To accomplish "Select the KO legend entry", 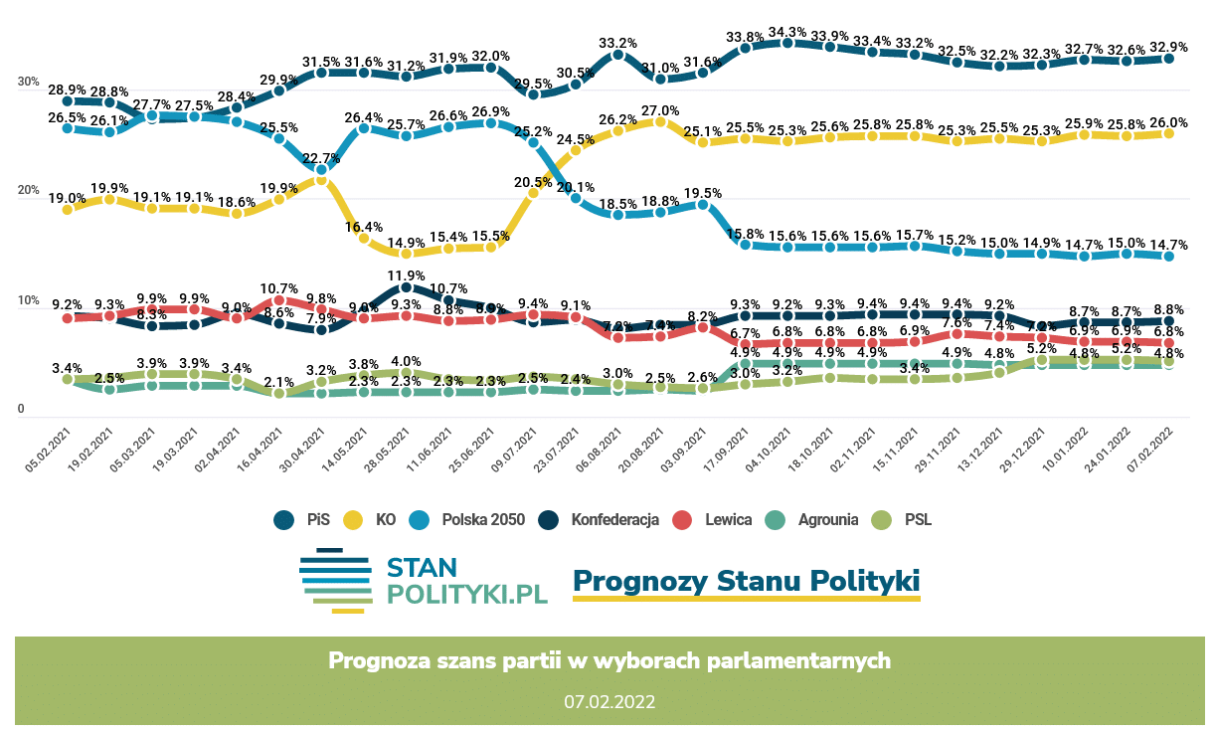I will pos(374,519).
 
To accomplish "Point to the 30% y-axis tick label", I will pos(27,83).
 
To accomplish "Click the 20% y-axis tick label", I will pos(27,191).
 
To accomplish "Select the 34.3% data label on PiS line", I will pos(787,32).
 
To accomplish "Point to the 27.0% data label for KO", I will pos(660,111).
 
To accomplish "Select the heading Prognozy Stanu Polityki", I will pos(746,580).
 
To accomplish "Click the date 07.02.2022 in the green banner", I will pos(609,701).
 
